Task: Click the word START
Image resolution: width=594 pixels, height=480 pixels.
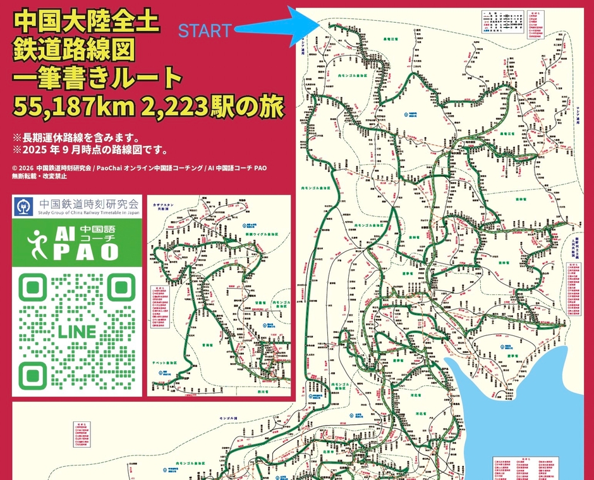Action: [205, 30]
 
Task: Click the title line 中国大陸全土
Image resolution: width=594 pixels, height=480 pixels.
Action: [87, 22]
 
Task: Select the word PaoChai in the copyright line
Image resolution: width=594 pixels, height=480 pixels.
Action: [108, 168]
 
